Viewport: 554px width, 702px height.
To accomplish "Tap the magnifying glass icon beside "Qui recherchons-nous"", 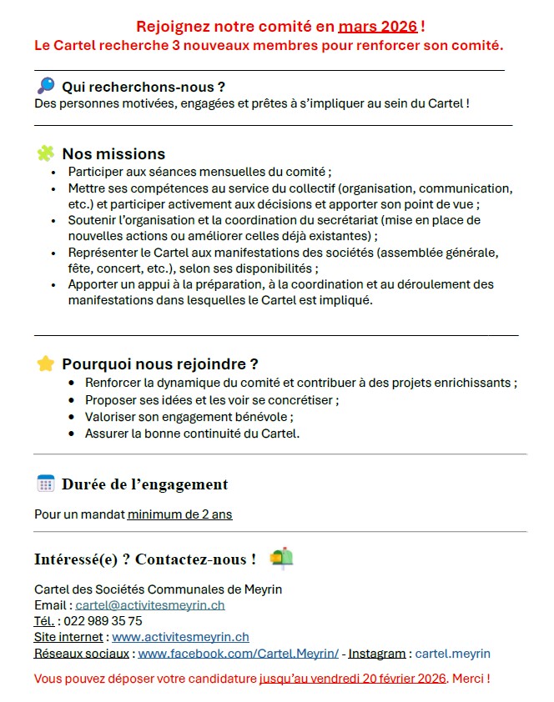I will [46, 85].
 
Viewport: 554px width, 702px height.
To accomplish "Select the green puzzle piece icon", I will [46, 153].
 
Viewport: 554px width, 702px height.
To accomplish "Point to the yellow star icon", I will [46, 364].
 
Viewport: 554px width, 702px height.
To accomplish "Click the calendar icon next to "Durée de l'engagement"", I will [46, 484].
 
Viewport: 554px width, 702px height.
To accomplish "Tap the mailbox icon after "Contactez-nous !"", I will [282, 558].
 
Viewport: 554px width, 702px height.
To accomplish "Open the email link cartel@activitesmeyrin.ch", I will [150, 605].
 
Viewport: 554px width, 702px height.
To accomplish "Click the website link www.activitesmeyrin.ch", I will [174, 637].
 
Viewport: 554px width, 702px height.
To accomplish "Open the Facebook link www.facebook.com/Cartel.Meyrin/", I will [238, 654].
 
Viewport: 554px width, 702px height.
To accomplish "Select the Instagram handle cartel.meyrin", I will [452, 654].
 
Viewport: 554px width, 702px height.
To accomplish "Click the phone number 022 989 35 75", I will [103, 621].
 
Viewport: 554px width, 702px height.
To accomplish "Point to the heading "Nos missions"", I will [113, 154].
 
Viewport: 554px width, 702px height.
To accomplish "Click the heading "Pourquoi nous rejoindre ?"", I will [159, 364].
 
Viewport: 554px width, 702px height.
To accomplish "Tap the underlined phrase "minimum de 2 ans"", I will [179, 514].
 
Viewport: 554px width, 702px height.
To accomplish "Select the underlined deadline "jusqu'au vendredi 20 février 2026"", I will [353, 679].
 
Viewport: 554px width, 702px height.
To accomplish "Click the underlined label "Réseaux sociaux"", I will [82, 654].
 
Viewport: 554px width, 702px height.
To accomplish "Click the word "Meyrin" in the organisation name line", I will [263, 589].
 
